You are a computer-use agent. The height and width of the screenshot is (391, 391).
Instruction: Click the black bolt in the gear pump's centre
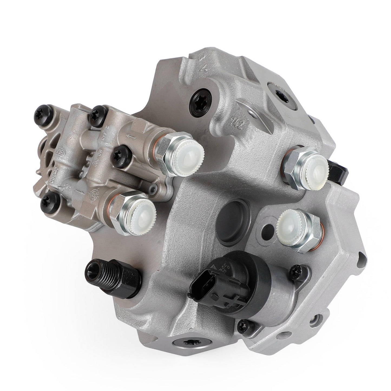(121, 155)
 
